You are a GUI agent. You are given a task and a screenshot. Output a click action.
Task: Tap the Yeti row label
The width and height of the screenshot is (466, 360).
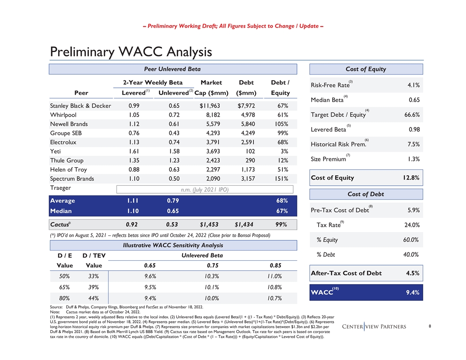56,151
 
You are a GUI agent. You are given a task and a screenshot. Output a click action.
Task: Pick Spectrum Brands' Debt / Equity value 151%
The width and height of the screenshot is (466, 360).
281,179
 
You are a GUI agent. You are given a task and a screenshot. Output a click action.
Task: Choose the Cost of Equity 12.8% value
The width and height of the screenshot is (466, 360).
410,178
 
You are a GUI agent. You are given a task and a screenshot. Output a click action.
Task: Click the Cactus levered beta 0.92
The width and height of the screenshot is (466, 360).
134,225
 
